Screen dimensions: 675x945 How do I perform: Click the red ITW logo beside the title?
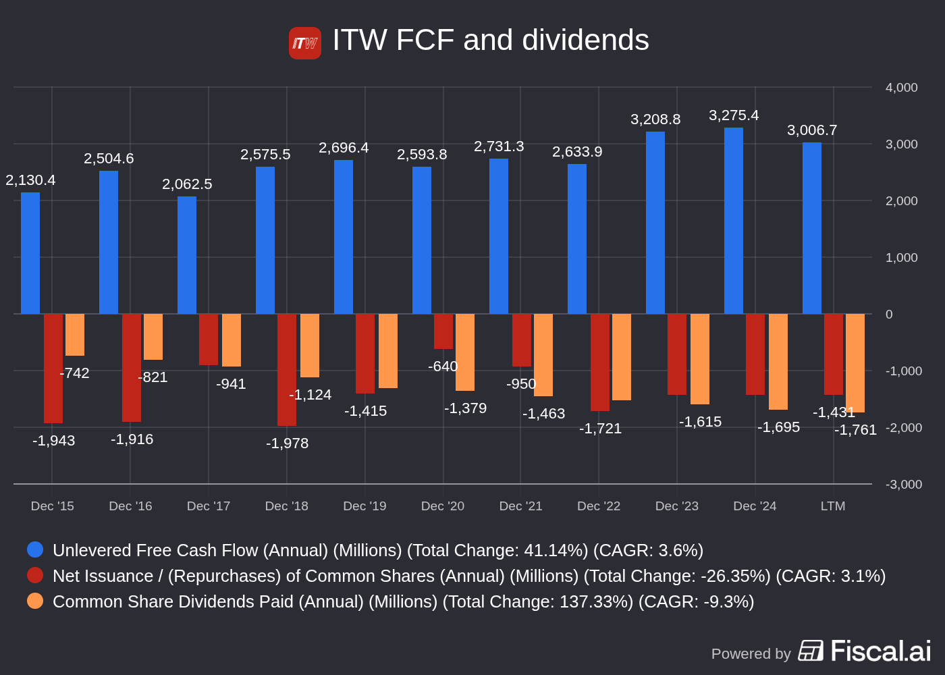(305, 43)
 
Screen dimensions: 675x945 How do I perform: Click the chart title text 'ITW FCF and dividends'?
(490, 40)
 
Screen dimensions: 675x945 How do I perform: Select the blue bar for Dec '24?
(734, 221)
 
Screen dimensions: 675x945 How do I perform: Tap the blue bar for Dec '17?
(187, 255)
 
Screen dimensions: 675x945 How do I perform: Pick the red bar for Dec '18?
(287, 370)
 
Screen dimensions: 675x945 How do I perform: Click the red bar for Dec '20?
(443, 331)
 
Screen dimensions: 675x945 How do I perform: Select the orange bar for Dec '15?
(75, 335)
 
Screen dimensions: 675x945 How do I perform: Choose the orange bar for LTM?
(855, 363)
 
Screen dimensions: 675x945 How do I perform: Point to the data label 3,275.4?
(734, 115)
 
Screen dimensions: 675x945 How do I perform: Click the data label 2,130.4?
(30, 180)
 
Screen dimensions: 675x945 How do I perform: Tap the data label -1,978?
(287, 443)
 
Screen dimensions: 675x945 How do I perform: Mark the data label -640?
(443, 367)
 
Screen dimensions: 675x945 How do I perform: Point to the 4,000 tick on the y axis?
(901, 88)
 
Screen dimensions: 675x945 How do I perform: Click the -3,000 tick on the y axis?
(903, 485)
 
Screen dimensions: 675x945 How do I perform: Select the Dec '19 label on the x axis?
(364, 506)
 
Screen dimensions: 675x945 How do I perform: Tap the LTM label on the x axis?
(833, 506)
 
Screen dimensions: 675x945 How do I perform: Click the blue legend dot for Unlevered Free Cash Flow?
(35, 549)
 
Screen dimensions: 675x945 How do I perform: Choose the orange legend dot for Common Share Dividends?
(35, 601)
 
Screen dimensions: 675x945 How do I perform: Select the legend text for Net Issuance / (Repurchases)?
(469, 576)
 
